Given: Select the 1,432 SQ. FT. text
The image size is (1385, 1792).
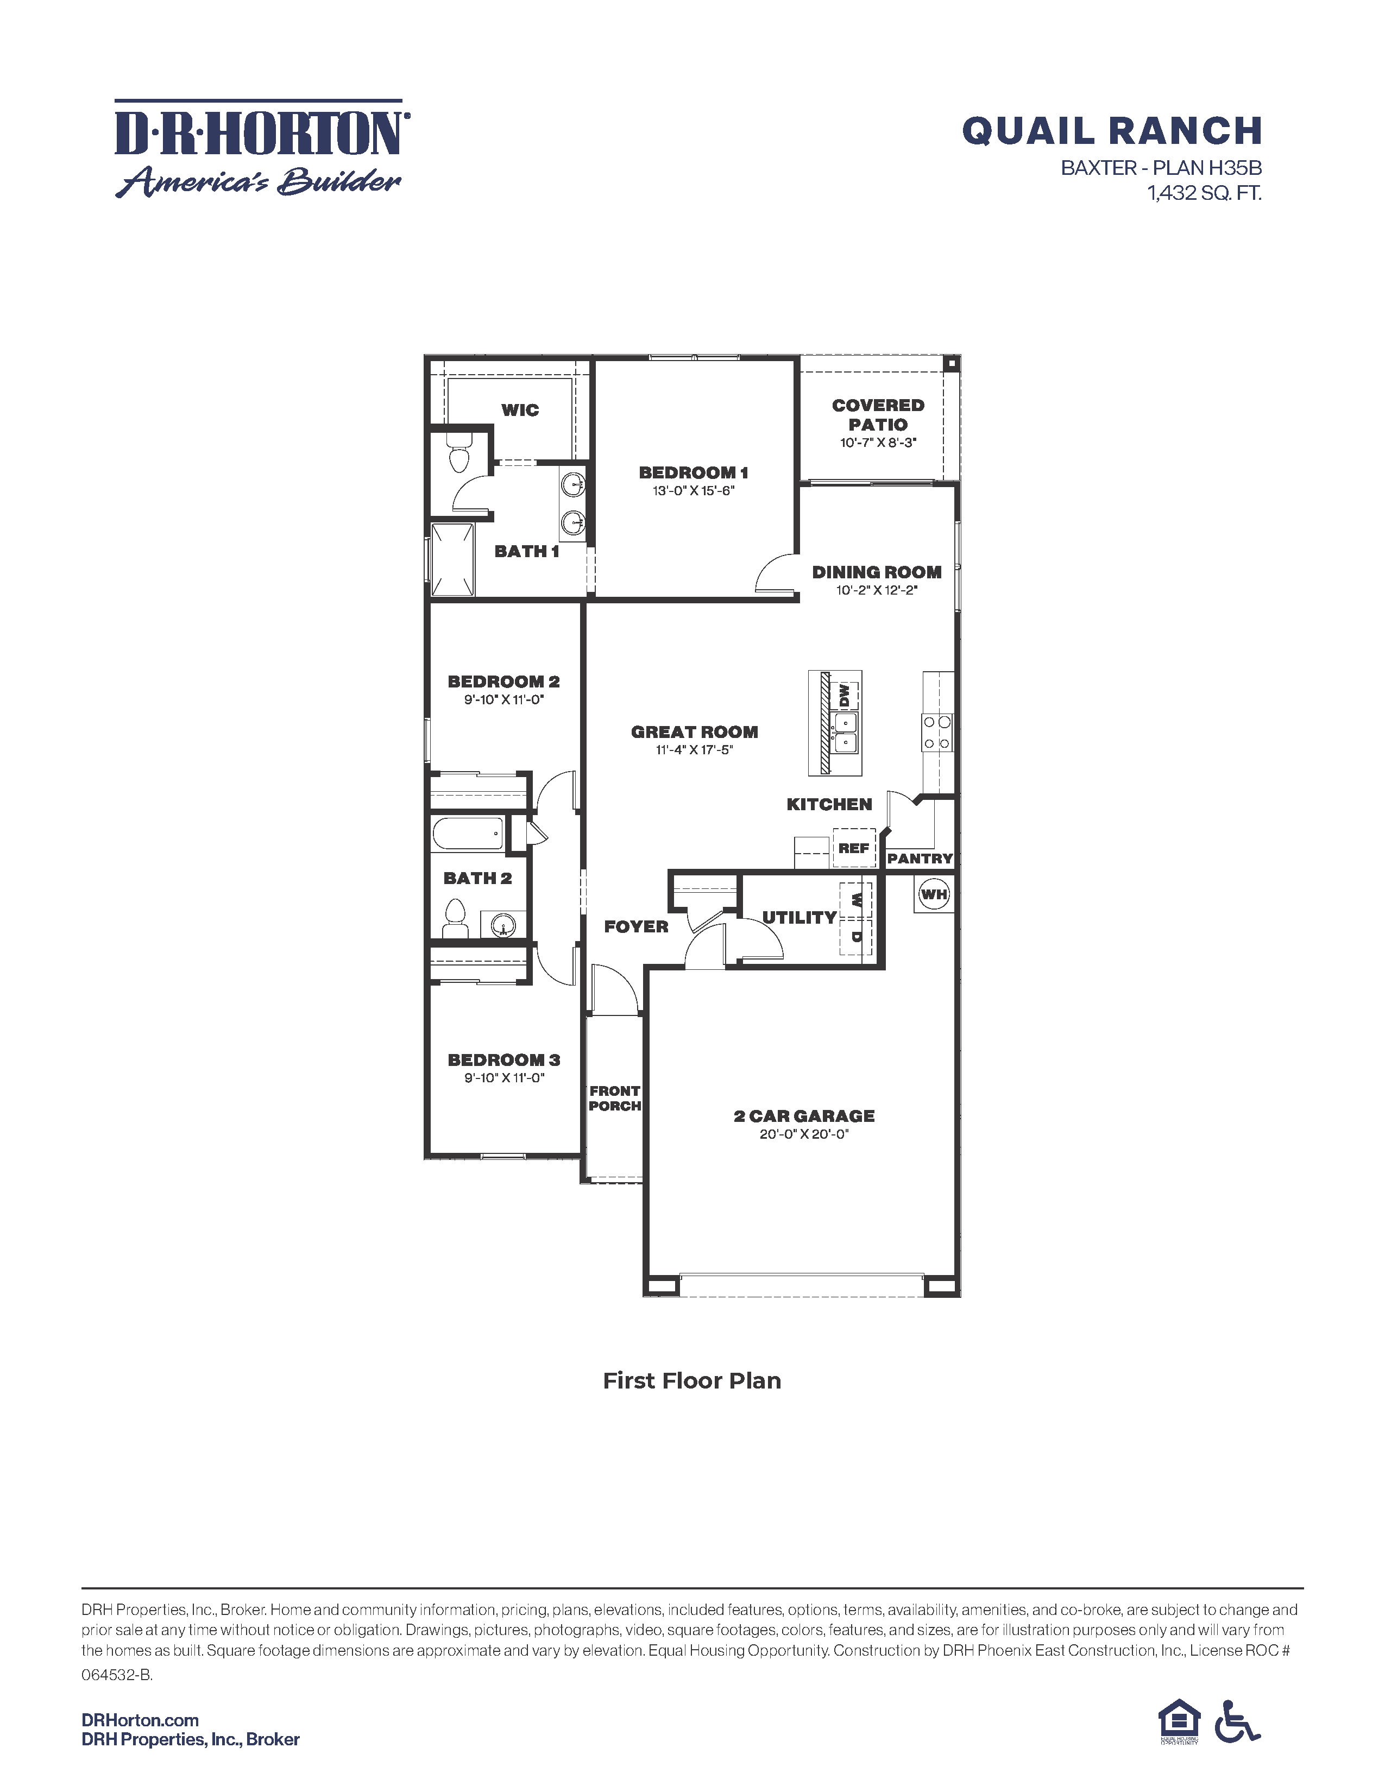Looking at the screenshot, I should click(1204, 194).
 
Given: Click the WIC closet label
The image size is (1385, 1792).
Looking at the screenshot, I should click(520, 410).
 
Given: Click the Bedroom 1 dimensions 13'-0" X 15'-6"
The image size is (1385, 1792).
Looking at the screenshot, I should click(694, 491).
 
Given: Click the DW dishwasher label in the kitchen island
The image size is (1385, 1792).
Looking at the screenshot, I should click(844, 695).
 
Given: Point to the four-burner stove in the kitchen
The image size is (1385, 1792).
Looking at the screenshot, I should click(936, 733).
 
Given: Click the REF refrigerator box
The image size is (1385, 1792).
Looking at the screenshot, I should click(853, 848).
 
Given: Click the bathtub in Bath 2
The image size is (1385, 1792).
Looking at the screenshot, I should click(467, 834).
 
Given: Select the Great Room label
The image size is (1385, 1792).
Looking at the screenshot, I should click(694, 732).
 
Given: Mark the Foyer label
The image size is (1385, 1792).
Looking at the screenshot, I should click(636, 926).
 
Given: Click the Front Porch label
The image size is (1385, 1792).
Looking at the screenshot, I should click(614, 1098).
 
